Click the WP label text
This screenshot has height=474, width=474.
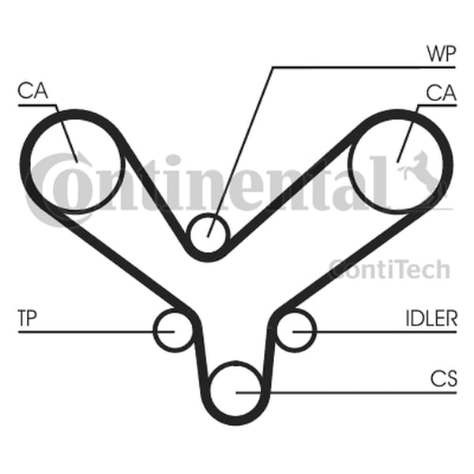[x=441, y=54]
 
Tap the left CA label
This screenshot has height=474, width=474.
[x=32, y=90]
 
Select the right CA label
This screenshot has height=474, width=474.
[x=441, y=92]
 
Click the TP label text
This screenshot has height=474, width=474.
[x=28, y=318]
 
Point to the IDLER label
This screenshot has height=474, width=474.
[x=431, y=318]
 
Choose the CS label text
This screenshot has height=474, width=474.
[x=444, y=378]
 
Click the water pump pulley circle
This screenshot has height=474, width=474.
[x=208, y=234]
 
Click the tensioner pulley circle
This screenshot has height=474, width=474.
[x=174, y=331]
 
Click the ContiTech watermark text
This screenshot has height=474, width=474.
[x=389, y=269]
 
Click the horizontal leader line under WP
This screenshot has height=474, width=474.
[x=363, y=67]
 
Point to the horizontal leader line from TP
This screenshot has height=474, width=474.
[x=96, y=332]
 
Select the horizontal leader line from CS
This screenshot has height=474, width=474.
[x=346, y=393]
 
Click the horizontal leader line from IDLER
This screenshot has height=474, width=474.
[x=374, y=332]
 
